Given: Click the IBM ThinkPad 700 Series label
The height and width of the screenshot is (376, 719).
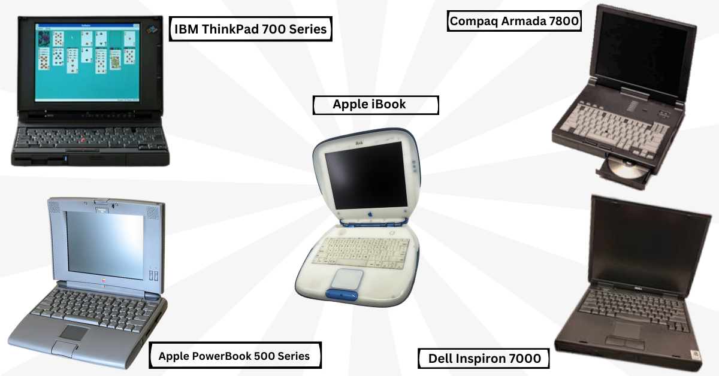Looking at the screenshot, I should pos(251,28).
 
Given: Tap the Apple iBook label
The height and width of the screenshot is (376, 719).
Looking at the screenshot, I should pos(376,105).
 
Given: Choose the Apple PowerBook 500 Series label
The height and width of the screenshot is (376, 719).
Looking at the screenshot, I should pos(234,356).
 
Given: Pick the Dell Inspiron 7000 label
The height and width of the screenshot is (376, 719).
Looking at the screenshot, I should pos(484,359).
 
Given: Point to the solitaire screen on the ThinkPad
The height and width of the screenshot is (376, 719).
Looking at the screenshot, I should pos(87,62).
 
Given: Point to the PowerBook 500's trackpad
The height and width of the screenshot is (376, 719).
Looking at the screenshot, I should pos(75,332).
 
